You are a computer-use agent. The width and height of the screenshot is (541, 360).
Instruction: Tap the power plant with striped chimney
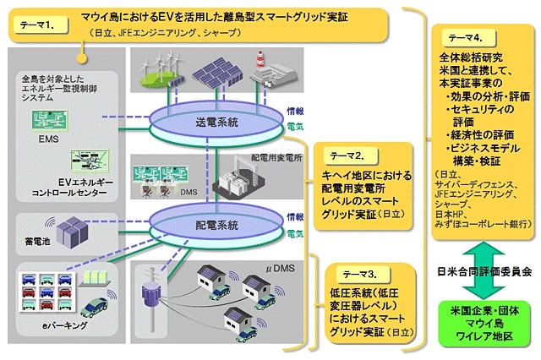pos(269,67)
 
